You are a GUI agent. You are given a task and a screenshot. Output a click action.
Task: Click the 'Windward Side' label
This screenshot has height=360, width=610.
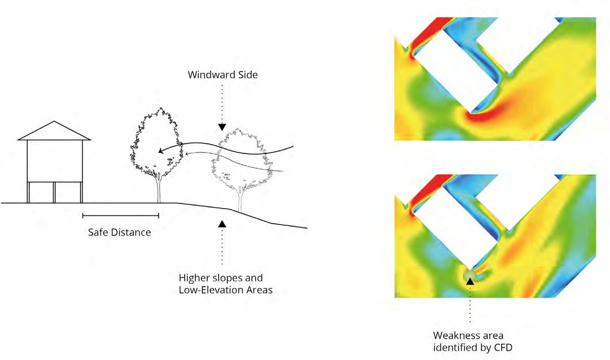point(223,75)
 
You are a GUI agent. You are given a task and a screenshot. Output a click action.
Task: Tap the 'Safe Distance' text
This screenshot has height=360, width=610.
point(120,233)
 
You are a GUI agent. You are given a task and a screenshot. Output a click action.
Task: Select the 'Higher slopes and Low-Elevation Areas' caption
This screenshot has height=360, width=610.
point(225,284)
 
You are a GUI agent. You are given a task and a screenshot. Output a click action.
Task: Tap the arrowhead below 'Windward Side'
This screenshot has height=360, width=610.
point(222,127)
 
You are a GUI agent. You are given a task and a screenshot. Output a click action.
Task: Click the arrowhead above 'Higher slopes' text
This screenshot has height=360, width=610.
point(222,223)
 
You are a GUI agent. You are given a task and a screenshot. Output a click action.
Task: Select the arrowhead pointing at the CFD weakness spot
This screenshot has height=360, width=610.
point(470,281)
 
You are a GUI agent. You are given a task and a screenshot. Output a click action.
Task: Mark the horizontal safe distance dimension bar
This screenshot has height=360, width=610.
point(120,215)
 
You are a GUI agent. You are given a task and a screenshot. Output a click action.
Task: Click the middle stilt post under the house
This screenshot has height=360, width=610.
point(54,192)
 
